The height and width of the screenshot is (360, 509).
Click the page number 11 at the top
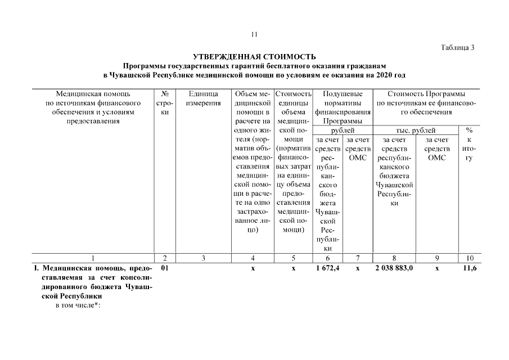(x=254, y=34)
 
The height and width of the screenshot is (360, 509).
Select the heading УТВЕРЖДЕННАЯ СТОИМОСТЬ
(x=254, y=57)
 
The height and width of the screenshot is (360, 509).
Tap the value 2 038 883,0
(x=394, y=269)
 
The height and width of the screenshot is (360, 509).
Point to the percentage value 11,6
(x=470, y=269)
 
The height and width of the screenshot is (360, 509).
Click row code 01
(x=165, y=269)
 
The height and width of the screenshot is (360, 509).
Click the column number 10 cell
(x=470, y=258)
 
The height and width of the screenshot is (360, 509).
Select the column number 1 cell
(x=93, y=258)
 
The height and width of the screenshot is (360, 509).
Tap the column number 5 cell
(x=293, y=258)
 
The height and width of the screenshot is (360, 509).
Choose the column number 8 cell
(x=394, y=258)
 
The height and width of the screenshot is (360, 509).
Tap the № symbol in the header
(x=165, y=93)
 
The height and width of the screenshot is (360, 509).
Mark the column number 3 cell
(x=204, y=258)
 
